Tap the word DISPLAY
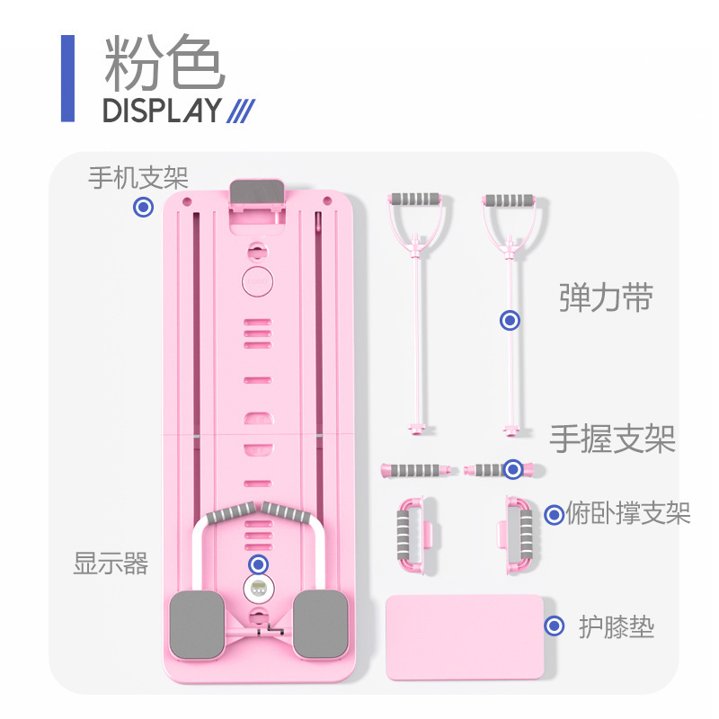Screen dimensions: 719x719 click(x=162, y=111)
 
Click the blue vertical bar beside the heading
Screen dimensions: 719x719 click(x=67, y=78)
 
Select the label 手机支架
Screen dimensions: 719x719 click(x=138, y=177)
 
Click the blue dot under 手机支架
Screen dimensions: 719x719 click(x=142, y=208)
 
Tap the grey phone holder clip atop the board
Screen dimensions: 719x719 click(x=258, y=192)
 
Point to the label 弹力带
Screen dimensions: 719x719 click(x=606, y=298)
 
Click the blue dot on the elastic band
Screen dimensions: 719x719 click(x=510, y=320)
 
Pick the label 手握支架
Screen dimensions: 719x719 click(x=612, y=439)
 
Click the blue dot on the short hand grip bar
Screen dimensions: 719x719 click(x=512, y=468)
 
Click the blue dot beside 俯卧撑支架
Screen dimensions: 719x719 click(x=555, y=515)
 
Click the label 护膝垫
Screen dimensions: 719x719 click(x=616, y=626)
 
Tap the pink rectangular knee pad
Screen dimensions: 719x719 click(x=464, y=636)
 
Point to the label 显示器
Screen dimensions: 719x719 click(x=111, y=564)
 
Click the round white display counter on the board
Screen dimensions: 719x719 click(x=258, y=590)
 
